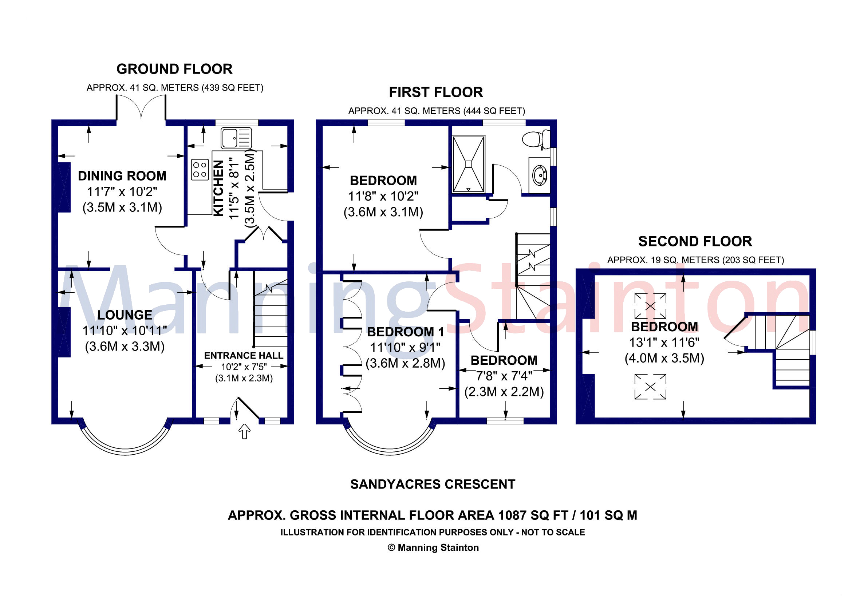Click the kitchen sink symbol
pos(236,138)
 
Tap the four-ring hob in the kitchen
pos(200,170)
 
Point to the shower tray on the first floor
pos(468,164)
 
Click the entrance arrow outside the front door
pos(245,431)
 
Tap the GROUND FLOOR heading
pos(174,69)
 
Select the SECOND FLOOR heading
pos(695,241)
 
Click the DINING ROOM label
pos(122,176)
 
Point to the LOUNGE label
pos(125,315)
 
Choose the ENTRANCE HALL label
pos(244,356)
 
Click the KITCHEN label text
pos(218,188)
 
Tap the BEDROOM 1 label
pos(405,332)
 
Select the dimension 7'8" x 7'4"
pos(504,376)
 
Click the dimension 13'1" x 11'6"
pos(664,343)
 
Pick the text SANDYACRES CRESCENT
pos(433,485)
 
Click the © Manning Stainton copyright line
pos(433,547)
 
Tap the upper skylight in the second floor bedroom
pos(650,306)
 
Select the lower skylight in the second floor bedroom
pos(650,386)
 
